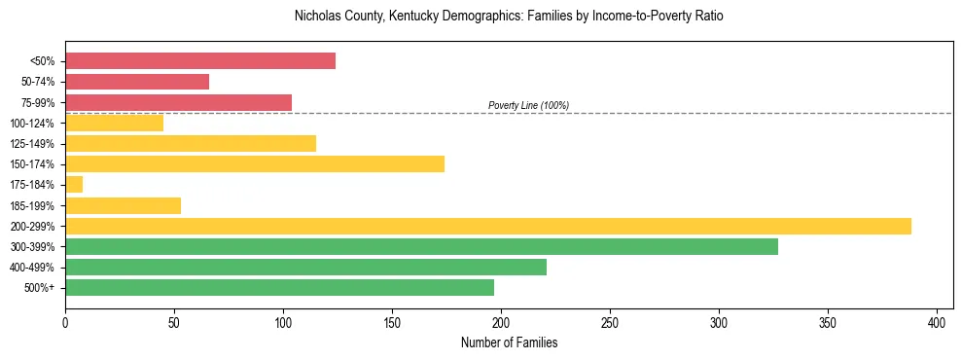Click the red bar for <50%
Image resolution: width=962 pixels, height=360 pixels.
coord(200,61)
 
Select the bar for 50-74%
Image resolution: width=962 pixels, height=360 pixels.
coord(137,82)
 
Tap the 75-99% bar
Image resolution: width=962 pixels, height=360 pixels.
coord(178,102)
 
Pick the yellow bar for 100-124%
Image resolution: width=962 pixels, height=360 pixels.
coord(114,123)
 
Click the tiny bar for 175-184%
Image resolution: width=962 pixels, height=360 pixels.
coord(74,184)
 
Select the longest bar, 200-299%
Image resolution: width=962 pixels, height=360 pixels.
coord(488,226)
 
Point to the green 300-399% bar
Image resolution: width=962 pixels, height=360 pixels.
coord(421,246)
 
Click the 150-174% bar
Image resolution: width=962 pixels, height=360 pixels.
coord(255,163)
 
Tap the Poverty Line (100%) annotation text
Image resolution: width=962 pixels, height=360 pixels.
coord(528,105)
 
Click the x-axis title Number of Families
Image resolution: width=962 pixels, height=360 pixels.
coord(509,342)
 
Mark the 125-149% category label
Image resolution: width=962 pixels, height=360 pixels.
coord(32,144)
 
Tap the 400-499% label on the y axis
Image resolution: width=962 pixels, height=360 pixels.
coord(32,268)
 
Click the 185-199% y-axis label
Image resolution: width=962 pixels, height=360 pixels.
coord(32,205)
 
